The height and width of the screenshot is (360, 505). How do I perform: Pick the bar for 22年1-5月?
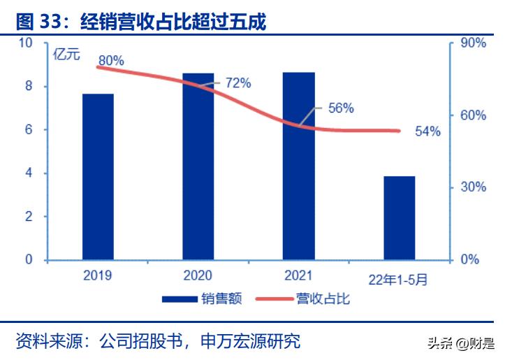click(399, 218)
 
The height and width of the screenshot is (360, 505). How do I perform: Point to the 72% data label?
click(237, 83)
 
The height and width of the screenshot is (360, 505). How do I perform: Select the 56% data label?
click(341, 108)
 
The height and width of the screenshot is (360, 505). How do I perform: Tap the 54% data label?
click(427, 131)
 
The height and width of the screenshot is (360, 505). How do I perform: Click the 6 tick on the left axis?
click(29, 130)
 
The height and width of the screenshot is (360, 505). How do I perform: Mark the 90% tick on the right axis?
click(473, 43)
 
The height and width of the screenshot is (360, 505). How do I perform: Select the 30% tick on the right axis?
click(473, 187)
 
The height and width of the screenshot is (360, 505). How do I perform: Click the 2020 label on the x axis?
click(198, 276)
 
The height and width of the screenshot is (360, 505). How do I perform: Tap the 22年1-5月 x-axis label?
click(398, 279)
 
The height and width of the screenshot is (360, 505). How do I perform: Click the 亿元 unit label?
click(66, 54)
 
